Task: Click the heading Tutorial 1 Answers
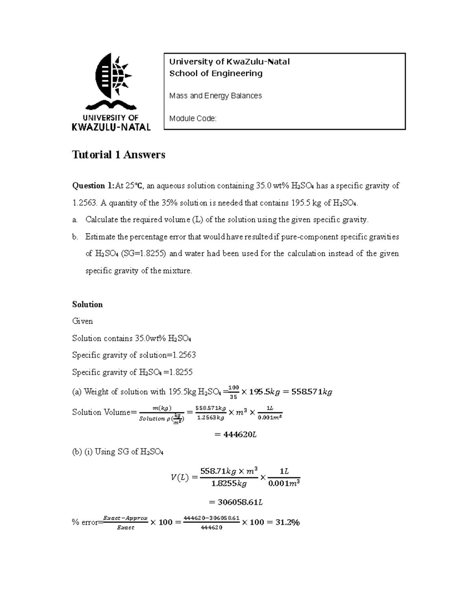click(x=118, y=155)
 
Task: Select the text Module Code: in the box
click(x=193, y=118)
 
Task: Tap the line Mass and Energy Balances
click(x=215, y=96)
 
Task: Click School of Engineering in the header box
click(x=216, y=73)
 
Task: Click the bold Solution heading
click(x=87, y=305)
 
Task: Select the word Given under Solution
click(x=83, y=321)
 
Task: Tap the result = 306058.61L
click(x=236, y=502)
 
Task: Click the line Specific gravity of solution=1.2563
click(x=134, y=355)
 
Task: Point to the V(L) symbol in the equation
click(x=179, y=478)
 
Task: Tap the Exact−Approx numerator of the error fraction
click(x=125, y=518)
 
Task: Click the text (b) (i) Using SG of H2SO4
click(x=118, y=452)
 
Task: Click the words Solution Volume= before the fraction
click(x=104, y=412)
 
